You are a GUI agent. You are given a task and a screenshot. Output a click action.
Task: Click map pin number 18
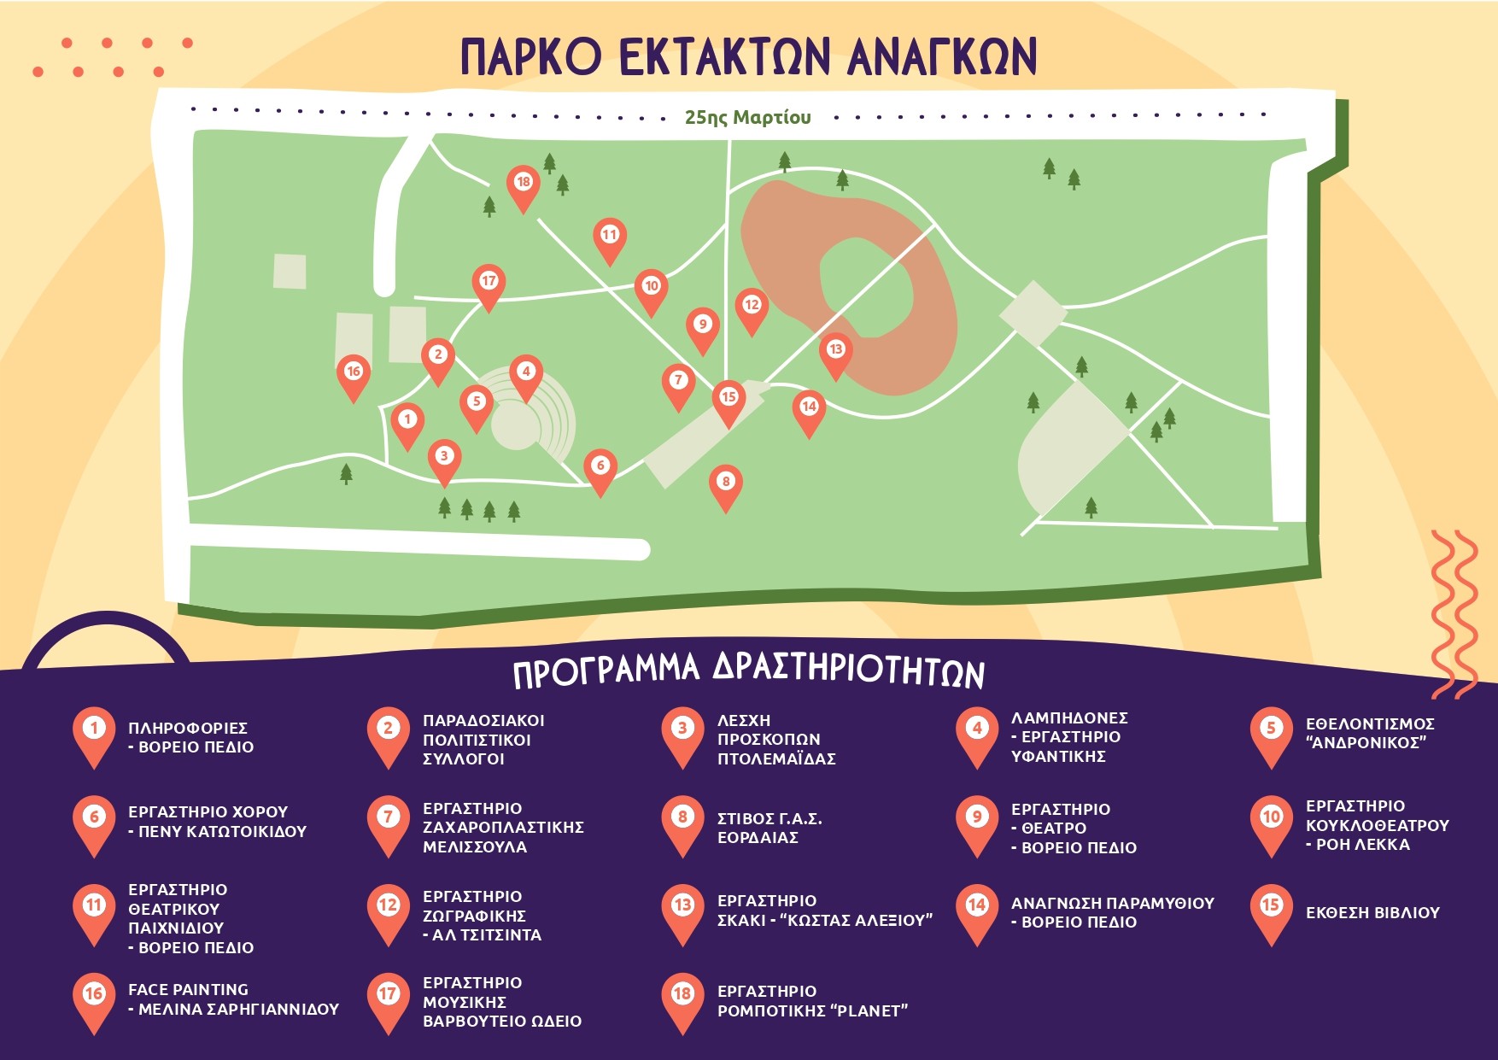point(523,188)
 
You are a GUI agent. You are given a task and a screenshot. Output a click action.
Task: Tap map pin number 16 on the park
point(353,378)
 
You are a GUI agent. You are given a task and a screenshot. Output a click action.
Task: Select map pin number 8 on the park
point(725,488)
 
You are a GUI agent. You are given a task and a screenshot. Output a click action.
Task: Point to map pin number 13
point(835,355)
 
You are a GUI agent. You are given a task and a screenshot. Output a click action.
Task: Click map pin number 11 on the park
point(609,241)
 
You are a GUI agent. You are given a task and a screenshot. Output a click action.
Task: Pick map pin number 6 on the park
point(600,471)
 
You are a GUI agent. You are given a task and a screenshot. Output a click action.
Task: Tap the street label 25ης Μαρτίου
point(747,117)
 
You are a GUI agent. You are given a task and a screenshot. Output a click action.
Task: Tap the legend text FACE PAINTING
point(188,989)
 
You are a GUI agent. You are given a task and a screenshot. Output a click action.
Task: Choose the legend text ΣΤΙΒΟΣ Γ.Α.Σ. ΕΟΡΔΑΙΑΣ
point(769,828)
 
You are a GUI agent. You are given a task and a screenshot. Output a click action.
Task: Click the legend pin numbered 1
point(94,736)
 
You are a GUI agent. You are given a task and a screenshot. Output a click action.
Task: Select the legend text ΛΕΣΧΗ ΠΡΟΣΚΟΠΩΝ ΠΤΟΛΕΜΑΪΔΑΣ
point(776,740)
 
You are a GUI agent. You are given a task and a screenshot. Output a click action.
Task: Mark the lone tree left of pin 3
point(346,473)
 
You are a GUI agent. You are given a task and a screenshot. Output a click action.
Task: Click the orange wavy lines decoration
point(1454,613)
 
